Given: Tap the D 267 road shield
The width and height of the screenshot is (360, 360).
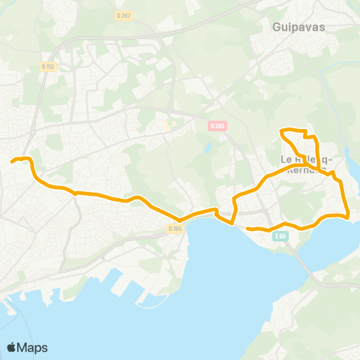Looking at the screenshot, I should [x=124, y=16].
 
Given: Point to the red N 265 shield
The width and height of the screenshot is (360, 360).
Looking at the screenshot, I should [x=217, y=126].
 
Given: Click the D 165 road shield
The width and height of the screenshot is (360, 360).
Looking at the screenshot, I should [x=175, y=228].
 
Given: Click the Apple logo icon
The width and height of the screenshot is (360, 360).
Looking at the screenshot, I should [x=11, y=347].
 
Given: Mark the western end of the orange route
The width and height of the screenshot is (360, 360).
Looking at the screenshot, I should [x=12, y=160].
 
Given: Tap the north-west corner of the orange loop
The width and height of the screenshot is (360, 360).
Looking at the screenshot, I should [x=282, y=132].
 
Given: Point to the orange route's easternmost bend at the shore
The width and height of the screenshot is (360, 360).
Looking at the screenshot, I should [x=349, y=216].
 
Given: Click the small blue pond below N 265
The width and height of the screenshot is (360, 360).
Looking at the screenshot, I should [x=205, y=148].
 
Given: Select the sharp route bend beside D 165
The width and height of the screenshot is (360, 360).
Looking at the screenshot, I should [x=181, y=220].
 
